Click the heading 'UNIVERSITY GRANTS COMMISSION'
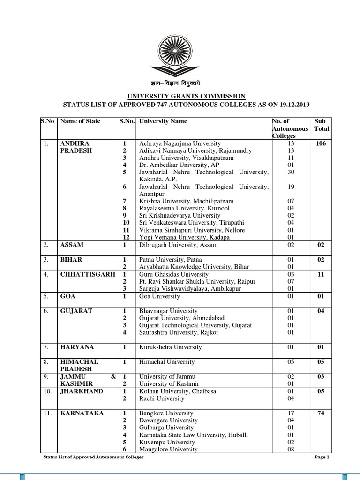(180, 96)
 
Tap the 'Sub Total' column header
(322, 125)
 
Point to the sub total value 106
(321, 143)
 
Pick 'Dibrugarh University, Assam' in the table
(178, 245)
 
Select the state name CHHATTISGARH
(88, 274)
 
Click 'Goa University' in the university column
(159, 296)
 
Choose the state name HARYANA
(77, 347)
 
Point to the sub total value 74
(321, 413)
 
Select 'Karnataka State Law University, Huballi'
(194, 435)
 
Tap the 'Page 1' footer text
(321, 457)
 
